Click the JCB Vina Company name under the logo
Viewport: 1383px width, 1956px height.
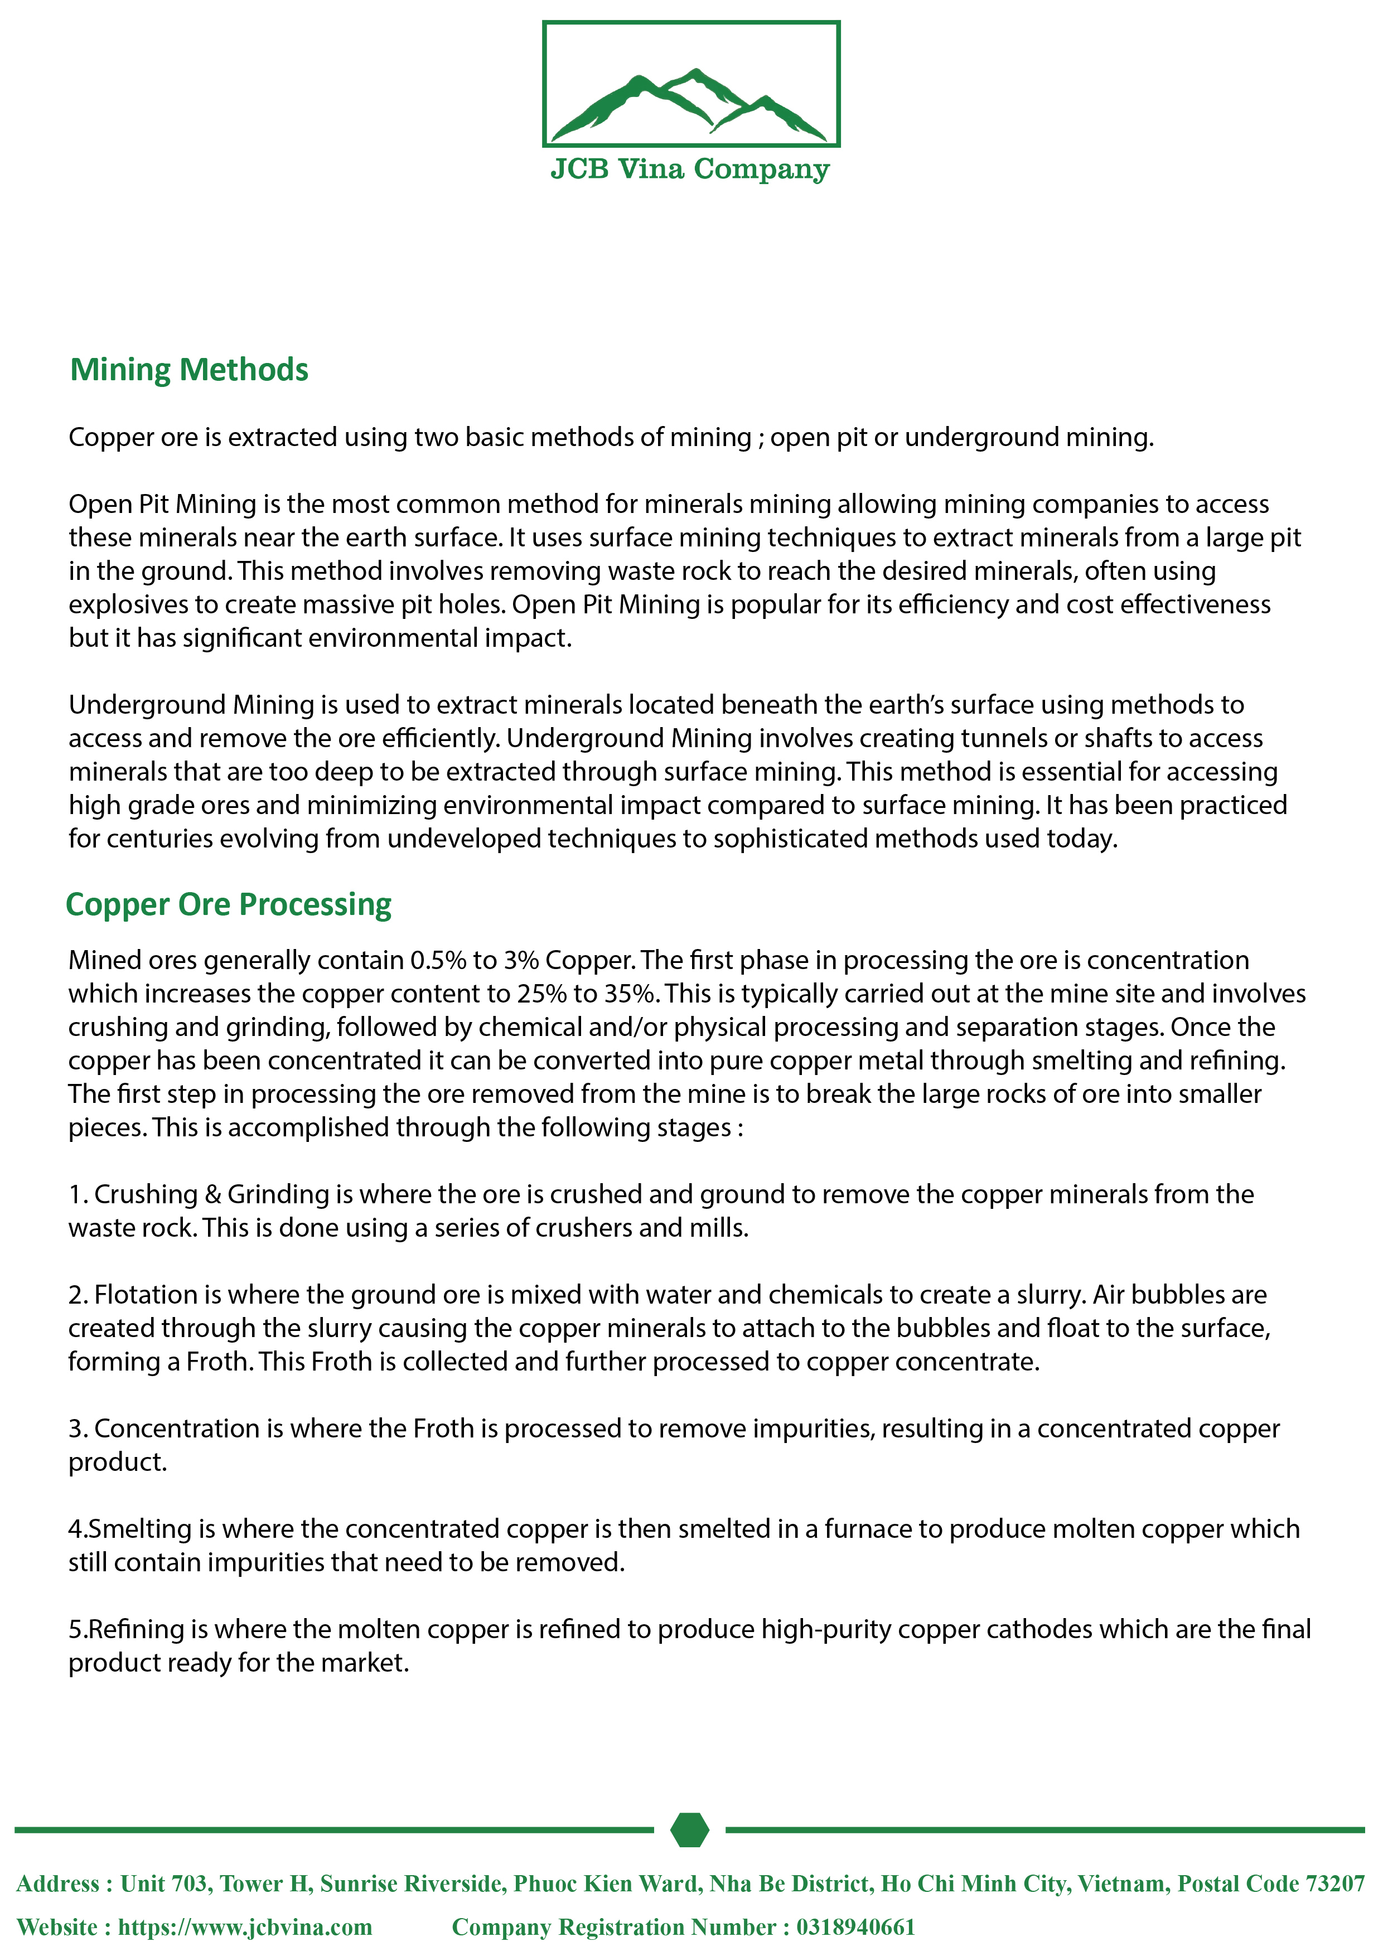[x=690, y=169]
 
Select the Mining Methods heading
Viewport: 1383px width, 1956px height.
[x=188, y=370]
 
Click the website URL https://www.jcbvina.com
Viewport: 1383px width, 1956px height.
[x=245, y=1926]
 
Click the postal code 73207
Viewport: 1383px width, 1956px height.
[x=1334, y=1884]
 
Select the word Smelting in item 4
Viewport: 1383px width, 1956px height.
[x=140, y=1529]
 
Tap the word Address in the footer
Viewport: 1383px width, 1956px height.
[x=57, y=1884]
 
